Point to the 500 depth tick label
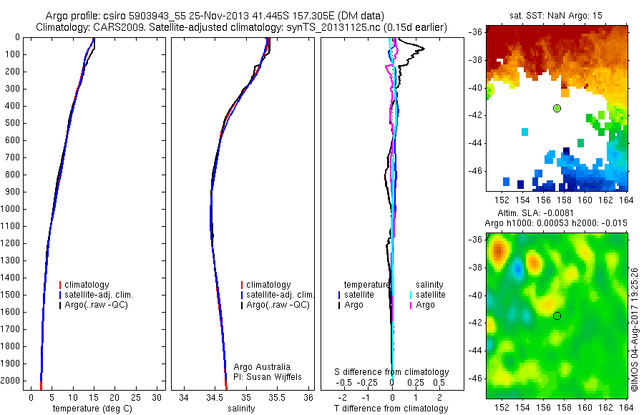11,123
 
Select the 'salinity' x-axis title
242,409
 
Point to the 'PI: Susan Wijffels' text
268,376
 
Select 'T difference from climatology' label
391,409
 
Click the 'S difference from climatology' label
391,372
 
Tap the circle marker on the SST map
557,108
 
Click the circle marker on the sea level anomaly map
557,316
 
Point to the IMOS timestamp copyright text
635,329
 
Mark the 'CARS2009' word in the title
115,27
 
